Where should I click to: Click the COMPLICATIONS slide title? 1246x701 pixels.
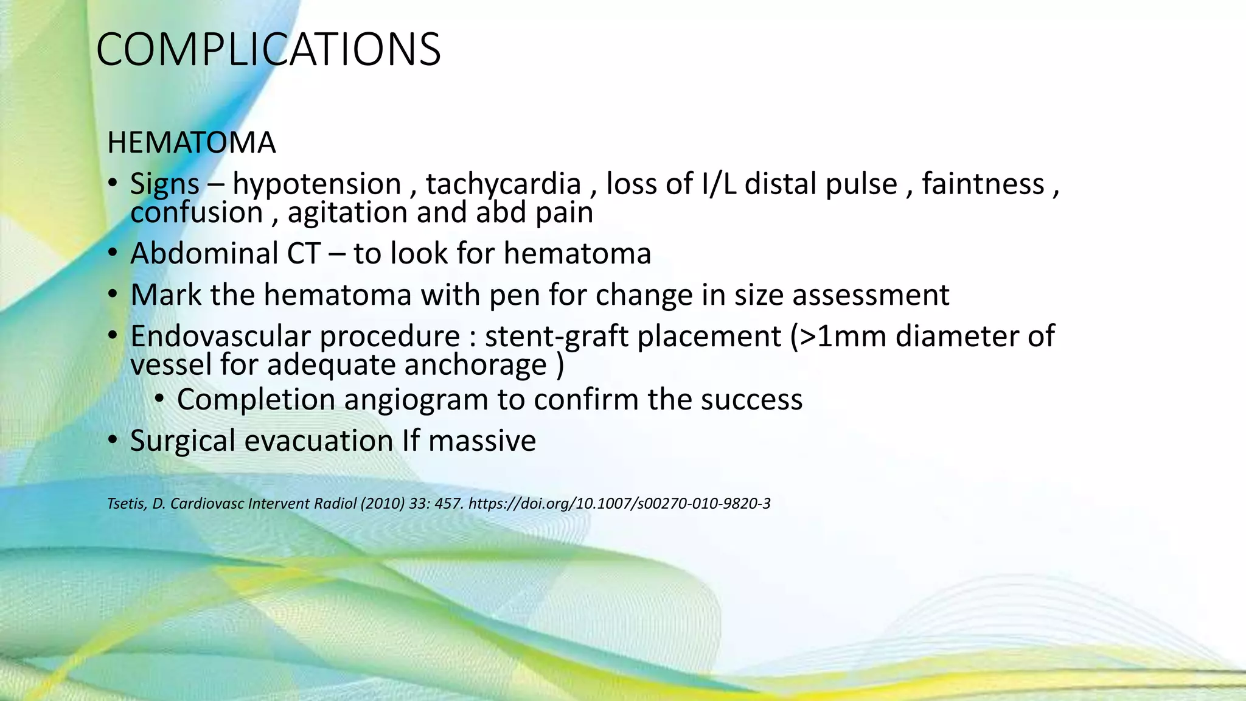coord(268,49)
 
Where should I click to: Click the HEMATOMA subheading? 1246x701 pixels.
coord(191,142)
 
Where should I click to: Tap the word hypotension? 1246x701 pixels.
coord(316,184)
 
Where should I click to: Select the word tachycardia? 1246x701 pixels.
coord(503,184)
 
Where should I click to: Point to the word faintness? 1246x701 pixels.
coord(983,184)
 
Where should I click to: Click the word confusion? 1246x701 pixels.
coord(197,213)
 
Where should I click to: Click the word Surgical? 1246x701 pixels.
coord(183,441)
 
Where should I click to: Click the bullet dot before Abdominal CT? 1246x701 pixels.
coord(113,253)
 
